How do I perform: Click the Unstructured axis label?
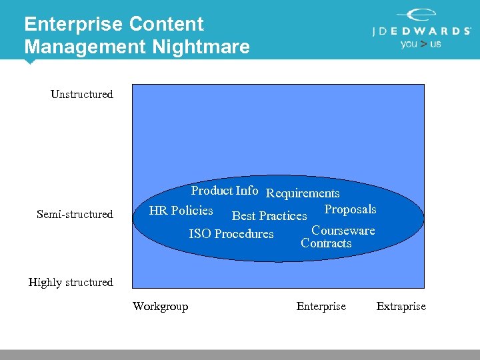coord(82,95)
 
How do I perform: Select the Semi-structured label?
coord(75,215)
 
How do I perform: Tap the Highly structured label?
coord(71,283)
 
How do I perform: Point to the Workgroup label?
coord(160,307)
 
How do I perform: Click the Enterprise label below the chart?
coord(321,307)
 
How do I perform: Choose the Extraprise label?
coord(401,307)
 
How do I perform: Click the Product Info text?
coord(225,191)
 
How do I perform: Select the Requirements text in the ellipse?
coord(303,193)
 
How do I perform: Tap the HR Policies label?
coord(181,211)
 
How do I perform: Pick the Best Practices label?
coord(269,216)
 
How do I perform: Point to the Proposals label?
coord(350,209)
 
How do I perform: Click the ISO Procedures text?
coord(231,234)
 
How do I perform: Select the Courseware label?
coord(343,231)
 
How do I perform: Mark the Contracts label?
coord(326,243)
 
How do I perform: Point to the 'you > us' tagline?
coord(421,44)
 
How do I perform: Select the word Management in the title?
coord(85,47)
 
